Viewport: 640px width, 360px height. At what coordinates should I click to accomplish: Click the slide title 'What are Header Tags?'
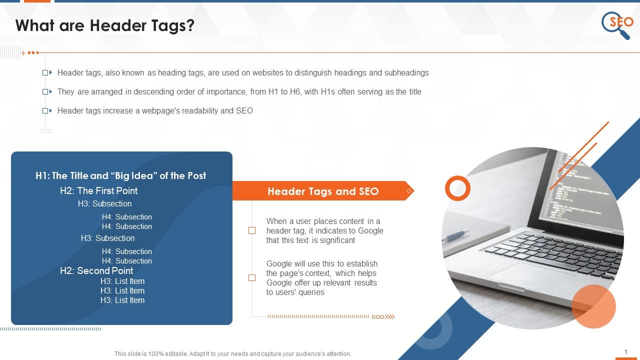tap(105, 26)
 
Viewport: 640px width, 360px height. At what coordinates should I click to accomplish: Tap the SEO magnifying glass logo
tap(617, 24)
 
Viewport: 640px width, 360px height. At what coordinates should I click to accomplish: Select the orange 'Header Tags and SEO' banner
tap(323, 191)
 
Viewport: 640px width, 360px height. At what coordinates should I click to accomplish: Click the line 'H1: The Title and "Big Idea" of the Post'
tap(121, 175)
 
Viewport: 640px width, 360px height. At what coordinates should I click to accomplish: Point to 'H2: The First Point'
tap(98, 190)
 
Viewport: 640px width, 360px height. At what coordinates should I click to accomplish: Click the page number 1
tap(626, 352)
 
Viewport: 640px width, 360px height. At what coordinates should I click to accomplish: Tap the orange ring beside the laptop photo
tap(457, 188)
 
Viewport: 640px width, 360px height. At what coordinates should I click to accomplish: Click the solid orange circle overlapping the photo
tap(593, 306)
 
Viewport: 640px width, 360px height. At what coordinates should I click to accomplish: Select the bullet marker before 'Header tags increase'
tap(46, 110)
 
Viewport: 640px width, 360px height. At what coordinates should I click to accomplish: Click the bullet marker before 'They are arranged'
tap(46, 91)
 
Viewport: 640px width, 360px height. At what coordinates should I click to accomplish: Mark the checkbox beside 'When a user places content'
tap(252, 230)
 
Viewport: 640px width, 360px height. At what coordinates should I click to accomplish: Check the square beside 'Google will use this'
tap(252, 277)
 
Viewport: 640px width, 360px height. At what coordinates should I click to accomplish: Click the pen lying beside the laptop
tap(455, 235)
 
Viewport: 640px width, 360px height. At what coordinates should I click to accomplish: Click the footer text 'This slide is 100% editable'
tap(232, 353)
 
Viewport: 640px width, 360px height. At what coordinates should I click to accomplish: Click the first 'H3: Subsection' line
tap(104, 203)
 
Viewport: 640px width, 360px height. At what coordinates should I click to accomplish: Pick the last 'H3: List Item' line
tap(122, 300)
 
